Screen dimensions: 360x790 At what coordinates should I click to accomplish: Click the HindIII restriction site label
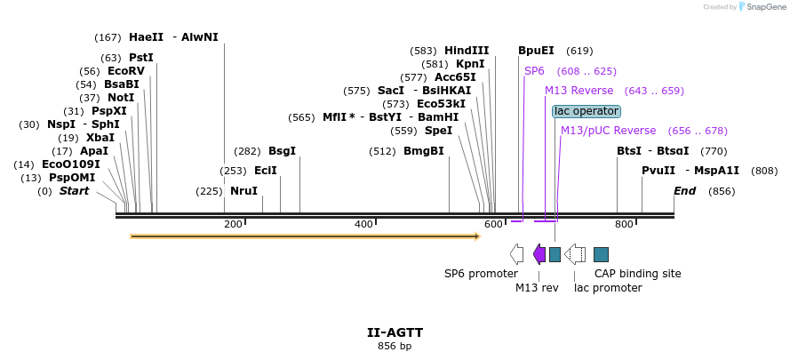click(467, 51)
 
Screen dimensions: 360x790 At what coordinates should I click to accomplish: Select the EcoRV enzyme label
click(125, 71)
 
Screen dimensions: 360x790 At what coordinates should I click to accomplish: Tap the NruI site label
click(243, 191)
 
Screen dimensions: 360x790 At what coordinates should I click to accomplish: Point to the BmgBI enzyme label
click(424, 151)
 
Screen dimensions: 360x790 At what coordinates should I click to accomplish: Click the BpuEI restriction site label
click(536, 51)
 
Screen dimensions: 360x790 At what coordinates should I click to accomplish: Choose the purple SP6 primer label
click(534, 71)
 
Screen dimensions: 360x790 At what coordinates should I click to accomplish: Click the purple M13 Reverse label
click(579, 91)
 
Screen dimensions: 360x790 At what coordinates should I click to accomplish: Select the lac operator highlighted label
click(586, 111)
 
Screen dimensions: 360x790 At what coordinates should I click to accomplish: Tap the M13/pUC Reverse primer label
click(608, 131)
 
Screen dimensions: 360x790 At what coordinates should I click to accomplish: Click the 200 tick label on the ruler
click(234, 224)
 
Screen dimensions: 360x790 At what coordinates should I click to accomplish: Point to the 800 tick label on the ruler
click(625, 224)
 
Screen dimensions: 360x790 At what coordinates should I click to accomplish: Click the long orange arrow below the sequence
click(305, 236)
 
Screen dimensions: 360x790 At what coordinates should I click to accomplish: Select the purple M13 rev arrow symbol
click(539, 254)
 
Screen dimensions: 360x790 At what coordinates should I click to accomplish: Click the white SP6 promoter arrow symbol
click(517, 254)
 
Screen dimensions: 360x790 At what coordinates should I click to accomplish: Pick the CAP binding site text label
click(637, 274)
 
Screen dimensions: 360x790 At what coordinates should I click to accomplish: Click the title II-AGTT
click(395, 332)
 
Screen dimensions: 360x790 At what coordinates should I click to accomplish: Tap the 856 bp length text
click(395, 346)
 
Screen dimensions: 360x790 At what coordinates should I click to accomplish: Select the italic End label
click(684, 191)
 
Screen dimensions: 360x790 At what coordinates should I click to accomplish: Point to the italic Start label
click(74, 191)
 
